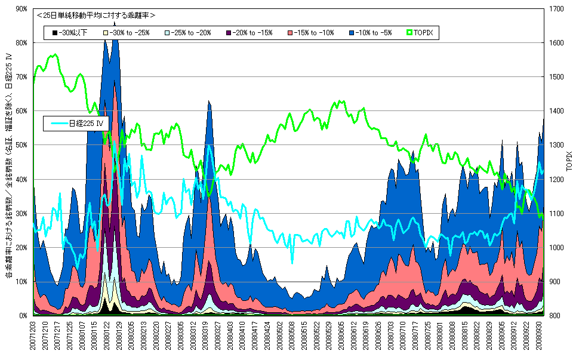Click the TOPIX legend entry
(422, 32)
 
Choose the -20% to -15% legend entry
(251, 32)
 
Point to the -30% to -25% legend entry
(129, 32)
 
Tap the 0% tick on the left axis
(22, 315)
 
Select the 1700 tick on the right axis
(556, 9)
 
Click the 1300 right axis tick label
(556, 145)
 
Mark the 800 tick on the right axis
(555, 315)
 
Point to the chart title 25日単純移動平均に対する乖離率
(96, 15)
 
